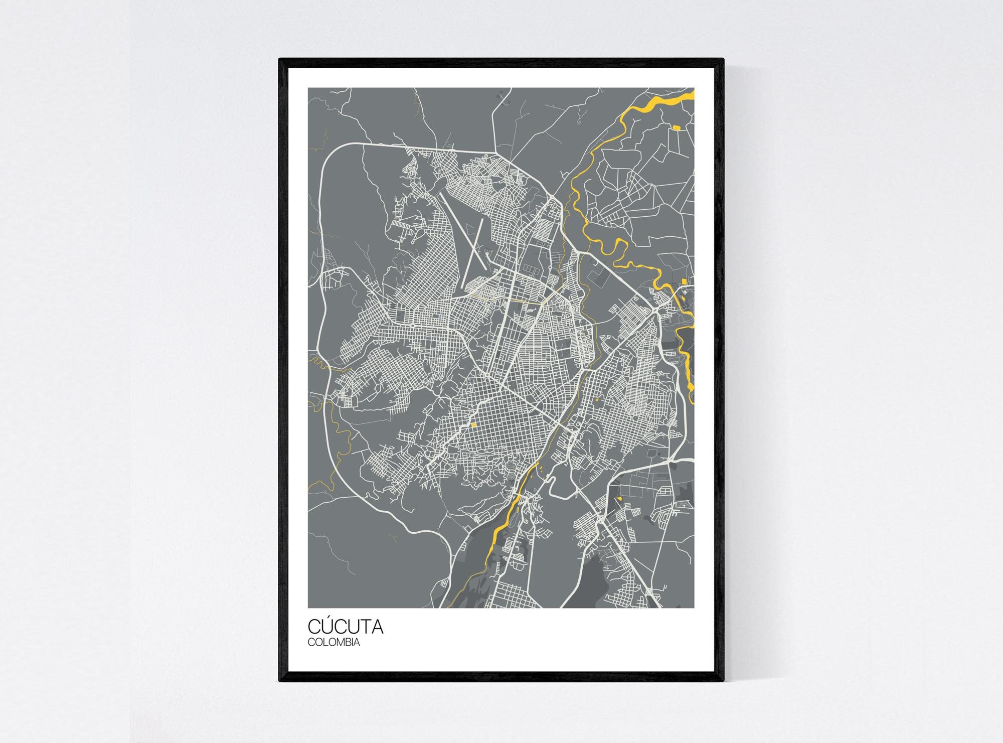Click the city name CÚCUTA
(x=345, y=627)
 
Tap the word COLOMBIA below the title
(x=333, y=642)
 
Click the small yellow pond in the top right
(x=677, y=127)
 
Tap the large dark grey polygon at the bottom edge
(x=587, y=582)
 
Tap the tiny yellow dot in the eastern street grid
(x=598, y=400)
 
